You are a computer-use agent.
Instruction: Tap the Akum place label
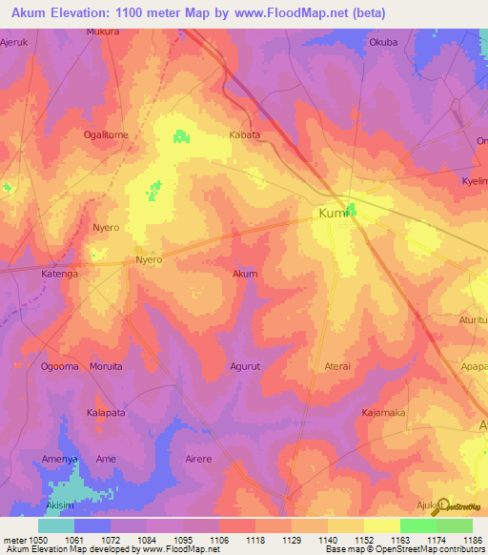pos(245,274)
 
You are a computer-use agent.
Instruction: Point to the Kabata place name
pos(245,134)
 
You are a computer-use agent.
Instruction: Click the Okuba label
pos(383,42)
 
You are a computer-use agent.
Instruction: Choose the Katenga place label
pos(58,274)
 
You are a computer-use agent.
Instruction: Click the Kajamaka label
pos(383,412)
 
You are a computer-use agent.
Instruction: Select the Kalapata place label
pos(107,412)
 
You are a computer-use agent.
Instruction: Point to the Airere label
pos(198,459)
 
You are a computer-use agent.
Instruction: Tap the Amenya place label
pos(59,459)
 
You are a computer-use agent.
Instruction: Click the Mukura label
pos(103,31)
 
